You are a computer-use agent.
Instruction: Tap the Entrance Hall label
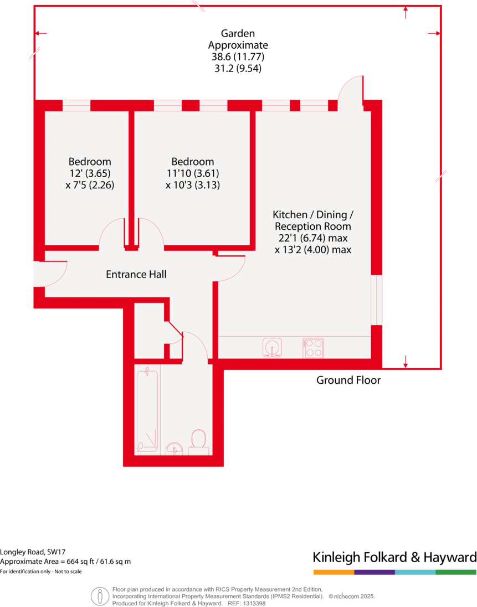[136, 274]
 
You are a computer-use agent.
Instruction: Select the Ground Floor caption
[348, 380]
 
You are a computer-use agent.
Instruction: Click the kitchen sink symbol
[271, 348]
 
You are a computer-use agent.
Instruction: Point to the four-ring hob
[313, 348]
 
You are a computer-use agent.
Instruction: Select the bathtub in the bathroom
[147, 409]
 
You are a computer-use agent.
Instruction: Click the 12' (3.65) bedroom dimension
[90, 173]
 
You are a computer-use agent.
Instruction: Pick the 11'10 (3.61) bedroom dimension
[192, 173]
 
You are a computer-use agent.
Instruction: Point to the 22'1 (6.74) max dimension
[313, 238]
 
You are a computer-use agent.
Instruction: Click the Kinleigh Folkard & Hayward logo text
[394, 557]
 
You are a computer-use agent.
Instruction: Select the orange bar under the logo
[334, 572]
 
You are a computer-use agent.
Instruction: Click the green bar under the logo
[456, 572]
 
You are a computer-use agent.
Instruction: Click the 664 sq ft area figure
[80, 562]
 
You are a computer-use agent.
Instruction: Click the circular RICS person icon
[100, 596]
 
